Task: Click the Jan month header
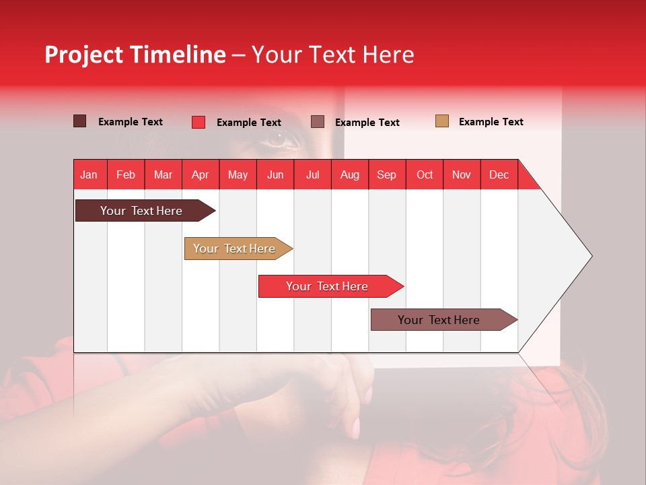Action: (89, 174)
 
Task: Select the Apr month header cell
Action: (200, 174)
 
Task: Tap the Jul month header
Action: (312, 174)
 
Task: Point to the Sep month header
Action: (386, 174)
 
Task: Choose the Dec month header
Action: (499, 174)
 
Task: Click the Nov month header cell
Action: (461, 174)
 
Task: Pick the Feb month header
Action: (126, 174)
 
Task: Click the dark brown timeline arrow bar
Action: (141, 211)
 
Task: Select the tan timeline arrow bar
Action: (234, 249)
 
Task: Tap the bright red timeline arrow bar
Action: (327, 286)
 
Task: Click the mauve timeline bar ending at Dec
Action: (439, 320)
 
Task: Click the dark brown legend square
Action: (79, 121)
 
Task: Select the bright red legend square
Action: (198, 122)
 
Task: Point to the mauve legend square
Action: (318, 122)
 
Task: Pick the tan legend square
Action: (441, 121)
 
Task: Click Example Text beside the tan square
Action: (491, 122)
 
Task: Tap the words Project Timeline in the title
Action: (135, 55)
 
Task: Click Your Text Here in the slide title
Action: (332, 55)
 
